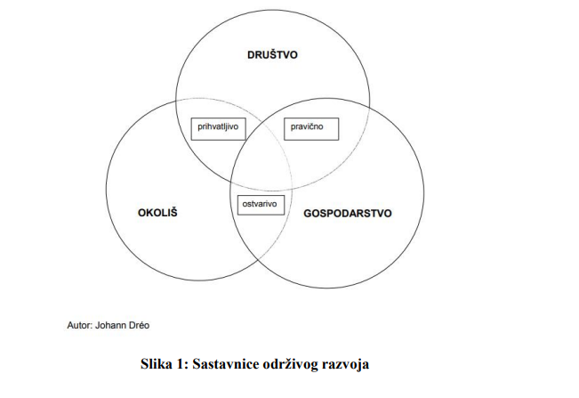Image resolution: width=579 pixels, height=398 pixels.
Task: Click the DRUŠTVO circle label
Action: point(272,54)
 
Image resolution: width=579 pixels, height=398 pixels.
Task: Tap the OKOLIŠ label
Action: point(157,213)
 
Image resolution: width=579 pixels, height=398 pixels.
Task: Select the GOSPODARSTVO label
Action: point(348,213)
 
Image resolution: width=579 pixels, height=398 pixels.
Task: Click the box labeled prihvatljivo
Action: point(218,129)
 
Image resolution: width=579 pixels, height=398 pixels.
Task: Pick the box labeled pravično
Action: point(311,129)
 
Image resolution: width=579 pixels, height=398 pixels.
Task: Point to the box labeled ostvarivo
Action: point(261,205)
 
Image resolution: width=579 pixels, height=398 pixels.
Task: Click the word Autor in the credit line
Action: point(79,325)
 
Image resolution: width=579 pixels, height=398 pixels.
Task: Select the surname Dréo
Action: point(140,325)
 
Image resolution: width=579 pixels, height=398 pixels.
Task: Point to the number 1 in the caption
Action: point(181,364)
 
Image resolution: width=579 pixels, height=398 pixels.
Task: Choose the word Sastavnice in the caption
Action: point(226,364)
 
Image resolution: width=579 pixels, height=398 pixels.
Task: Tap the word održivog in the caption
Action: point(291,365)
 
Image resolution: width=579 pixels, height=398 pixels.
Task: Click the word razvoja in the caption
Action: point(345,365)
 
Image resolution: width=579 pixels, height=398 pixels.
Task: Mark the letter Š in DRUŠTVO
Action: point(271,54)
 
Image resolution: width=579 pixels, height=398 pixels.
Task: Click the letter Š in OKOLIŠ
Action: point(173,212)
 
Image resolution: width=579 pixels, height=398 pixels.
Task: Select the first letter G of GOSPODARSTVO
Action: point(308,214)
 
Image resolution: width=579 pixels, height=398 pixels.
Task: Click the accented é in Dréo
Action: point(142,325)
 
